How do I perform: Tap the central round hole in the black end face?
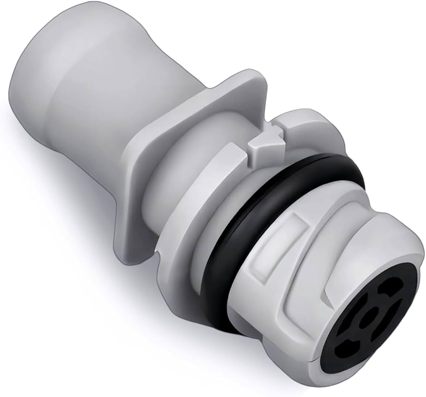tap(367, 318)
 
